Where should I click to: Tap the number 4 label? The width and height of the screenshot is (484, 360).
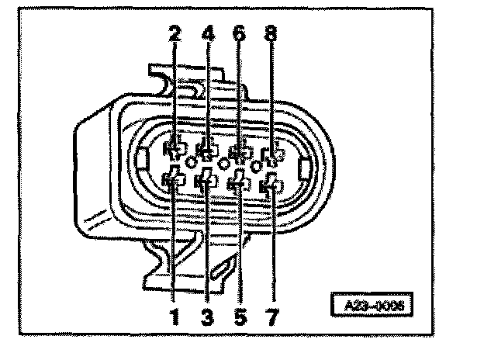208,36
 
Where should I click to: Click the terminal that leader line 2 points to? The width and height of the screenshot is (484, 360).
175,147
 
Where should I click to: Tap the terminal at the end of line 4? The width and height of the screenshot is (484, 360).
207,147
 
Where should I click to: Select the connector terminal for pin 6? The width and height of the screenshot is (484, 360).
239,150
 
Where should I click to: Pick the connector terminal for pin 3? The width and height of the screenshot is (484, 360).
207,182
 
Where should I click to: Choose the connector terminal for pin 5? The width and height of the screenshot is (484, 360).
239,184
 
